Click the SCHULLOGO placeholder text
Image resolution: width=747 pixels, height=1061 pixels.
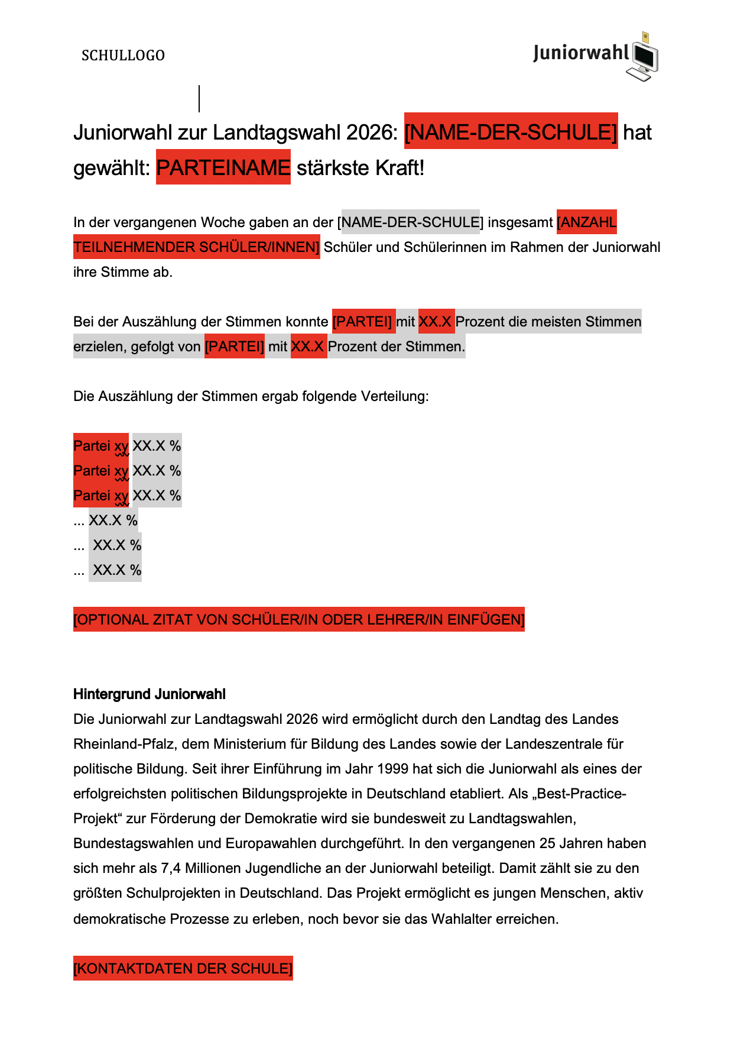(x=123, y=56)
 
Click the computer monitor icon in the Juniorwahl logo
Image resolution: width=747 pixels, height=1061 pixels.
(x=645, y=57)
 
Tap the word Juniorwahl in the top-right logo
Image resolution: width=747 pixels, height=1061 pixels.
(x=581, y=53)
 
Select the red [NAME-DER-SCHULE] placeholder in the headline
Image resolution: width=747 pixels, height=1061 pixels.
(x=511, y=132)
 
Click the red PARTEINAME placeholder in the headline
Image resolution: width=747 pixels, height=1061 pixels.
(x=223, y=168)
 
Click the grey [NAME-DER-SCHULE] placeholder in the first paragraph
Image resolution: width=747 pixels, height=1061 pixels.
(x=411, y=222)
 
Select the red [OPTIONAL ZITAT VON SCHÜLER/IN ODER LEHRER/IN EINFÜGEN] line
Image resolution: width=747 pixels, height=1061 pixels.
(x=298, y=620)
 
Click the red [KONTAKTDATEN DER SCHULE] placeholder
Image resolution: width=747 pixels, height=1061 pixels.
(x=183, y=969)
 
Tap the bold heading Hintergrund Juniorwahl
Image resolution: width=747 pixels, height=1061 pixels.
(x=150, y=694)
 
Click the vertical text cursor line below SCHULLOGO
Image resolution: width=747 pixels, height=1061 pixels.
(x=199, y=99)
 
